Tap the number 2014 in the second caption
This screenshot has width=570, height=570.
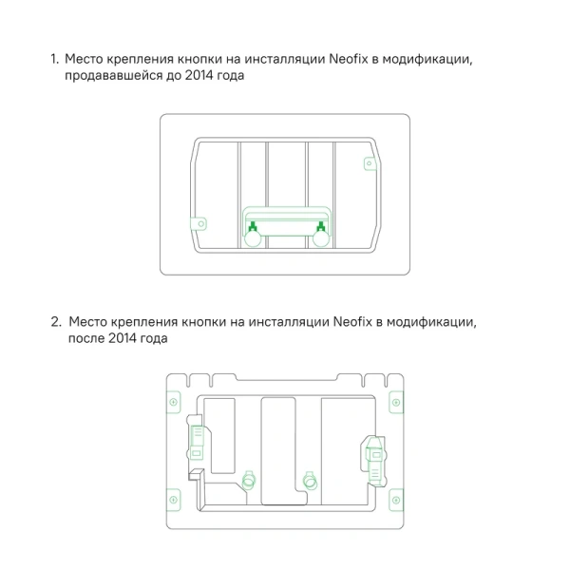pyautogui.click(x=126, y=338)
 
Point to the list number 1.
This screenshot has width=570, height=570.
pyautogui.click(x=54, y=60)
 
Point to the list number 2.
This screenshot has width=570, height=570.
pyautogui.click(x=55, y=322)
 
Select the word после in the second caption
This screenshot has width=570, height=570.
pyautogui.click(x=87, y=338)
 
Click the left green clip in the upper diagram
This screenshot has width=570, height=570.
pyautogui.click(x=253, y=225)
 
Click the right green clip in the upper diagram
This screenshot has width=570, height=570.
pyautogui.click(x=323, y=225)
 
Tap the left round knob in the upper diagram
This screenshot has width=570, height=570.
pyautogui.click(x=254, y=239)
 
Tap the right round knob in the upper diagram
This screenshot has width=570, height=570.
pyautogui.click(x=322, y=239)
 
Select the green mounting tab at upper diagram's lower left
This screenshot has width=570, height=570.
pyautogui.click(x=200, y=223)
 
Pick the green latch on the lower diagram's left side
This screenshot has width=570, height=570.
pyautogui.click(x=199, y=440)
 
